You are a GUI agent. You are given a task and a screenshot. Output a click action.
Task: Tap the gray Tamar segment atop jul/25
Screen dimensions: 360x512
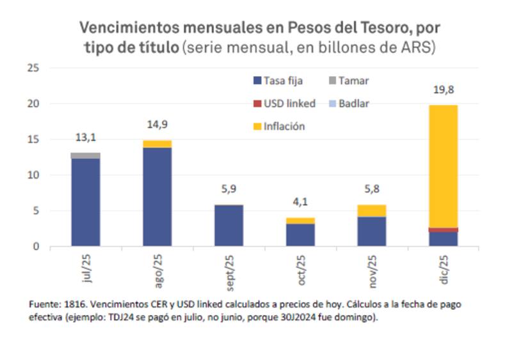[x=85, y=155]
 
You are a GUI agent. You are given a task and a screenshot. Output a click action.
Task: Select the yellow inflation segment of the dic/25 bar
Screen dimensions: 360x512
[x=443, y=166]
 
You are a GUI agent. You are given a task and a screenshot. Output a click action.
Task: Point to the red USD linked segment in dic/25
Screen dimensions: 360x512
[x=443, y=230]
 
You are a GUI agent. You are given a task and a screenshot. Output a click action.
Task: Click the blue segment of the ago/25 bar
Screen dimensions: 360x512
[x=157, y=197]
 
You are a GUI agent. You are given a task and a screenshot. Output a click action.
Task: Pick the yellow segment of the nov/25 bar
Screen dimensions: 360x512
[x=371, y=210]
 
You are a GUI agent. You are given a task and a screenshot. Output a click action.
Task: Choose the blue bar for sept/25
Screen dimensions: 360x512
[x=228, y=225]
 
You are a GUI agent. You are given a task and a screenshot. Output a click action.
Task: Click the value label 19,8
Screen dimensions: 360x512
[x=443, y=90]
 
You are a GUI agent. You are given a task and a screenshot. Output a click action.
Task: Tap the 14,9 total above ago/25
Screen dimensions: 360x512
[x=157, y=125]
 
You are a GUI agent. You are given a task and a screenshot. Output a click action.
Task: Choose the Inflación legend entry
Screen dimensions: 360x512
[x=282, y=126]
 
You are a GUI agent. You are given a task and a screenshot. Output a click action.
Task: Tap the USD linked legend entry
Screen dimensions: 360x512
[x=284, y=104]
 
